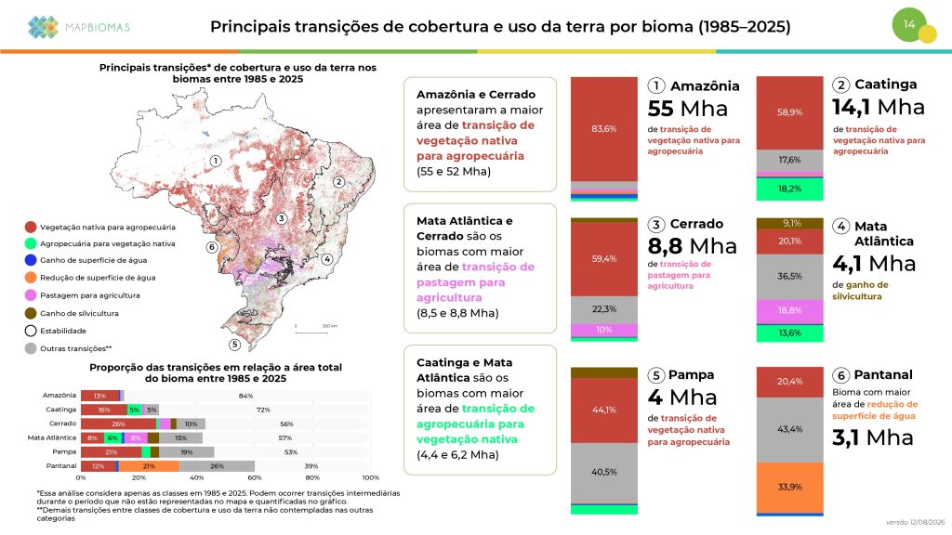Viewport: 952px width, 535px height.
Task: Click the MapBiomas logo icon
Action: pyautogui.click(x=43, y=27)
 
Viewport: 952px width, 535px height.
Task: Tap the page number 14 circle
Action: pyautogui.click(x=909, y=25)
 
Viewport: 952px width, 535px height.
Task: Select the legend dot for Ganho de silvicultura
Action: pyautogui.click(x=31, y=313)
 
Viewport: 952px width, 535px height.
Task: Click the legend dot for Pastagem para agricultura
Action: pyautogui.click(x=31, y=295)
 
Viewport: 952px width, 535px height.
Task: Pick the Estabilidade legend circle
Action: pyautogui.click(x=31, y=331)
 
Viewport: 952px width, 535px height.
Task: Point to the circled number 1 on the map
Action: pyautogui.click(x=215, y=161)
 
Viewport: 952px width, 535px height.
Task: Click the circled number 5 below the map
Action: pyautogui.click(x=234, y=345)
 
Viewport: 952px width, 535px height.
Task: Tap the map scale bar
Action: pyautogui.click(x=311, y=333)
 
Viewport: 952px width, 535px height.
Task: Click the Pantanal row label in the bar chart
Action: pyautogui.click(x=61, y=466)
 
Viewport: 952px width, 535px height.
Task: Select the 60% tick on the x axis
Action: pyautogui.click(x=255, y=477)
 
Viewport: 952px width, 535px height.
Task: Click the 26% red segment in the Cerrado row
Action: pyautogui.click(x=118, y=424)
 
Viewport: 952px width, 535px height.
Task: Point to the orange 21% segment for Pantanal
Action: pyautogui.click(x=149, y=466)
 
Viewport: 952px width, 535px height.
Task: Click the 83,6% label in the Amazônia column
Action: pyautogui.click(x=604, y=128)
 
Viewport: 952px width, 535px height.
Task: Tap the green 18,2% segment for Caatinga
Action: pyautogui.click(x=789, y=189)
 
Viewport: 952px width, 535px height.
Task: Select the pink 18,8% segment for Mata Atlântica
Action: pyautogui.click(x=789, y=310)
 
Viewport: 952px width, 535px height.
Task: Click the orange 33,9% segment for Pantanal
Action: pyautogui.click(x=789, y=487)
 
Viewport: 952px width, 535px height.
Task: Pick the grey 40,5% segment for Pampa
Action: pyautogui.click(x=604, y=473)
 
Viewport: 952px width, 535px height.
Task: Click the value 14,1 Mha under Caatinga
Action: pyautogui.click(x=878, y=108)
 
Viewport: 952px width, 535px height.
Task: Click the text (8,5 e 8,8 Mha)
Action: pyautogui.click(x=457, y=313)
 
